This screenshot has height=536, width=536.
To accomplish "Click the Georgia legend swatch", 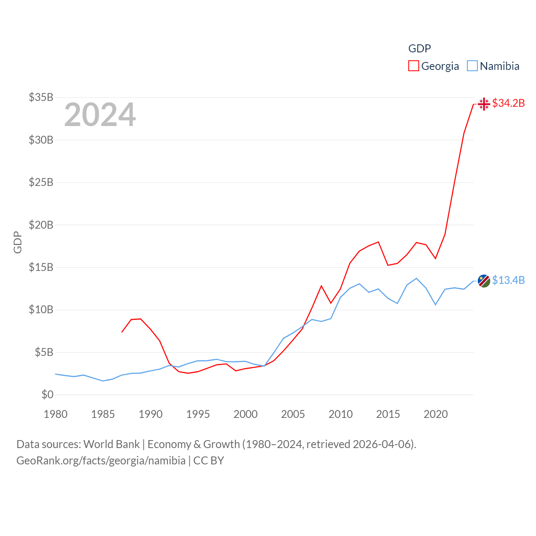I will [413, 66].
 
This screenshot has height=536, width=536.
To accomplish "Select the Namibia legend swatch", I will [472, 66].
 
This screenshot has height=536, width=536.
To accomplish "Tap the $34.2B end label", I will [508, 103].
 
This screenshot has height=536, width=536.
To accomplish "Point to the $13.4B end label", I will [508, 280].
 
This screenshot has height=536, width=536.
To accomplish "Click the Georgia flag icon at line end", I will [484, 103].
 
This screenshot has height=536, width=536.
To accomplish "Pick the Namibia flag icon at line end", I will [484, 281].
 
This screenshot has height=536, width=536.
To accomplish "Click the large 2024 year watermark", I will [100, 115].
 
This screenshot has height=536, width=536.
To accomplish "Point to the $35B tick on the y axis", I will [41, 97].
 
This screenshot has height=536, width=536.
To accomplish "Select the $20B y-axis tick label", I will [41, 225].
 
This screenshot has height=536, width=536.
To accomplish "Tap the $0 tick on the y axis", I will [47, 394].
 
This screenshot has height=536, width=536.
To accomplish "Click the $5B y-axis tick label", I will [44, 352].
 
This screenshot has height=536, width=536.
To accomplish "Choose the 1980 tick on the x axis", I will [56, 414].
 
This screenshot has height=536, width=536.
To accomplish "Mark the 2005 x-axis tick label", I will [293, 414].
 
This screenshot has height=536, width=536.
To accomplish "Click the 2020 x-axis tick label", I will [435, 414].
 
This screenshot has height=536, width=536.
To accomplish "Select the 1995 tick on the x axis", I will [198, 414].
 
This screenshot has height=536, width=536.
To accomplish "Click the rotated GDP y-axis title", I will [18, 242].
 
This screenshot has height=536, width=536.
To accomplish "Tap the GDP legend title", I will [420, 49].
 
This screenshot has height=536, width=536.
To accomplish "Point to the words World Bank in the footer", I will [111, 444].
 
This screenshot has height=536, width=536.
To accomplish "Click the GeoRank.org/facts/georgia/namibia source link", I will [101, 461].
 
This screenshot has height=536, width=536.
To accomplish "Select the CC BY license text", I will [209, 461].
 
